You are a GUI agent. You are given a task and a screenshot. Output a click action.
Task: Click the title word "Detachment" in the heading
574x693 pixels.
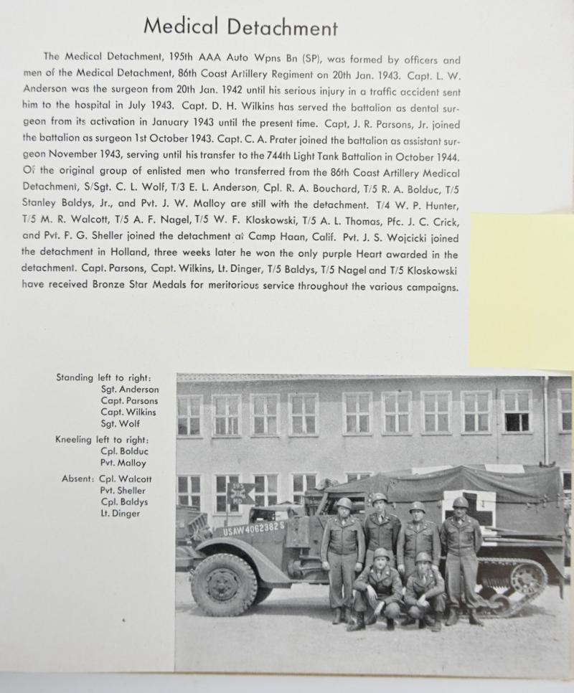tap(283, 27)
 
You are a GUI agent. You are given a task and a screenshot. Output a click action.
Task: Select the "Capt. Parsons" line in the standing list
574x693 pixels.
tap(129, 401)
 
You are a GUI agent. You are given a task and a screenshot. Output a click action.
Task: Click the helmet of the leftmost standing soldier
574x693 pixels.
tap(344, 503)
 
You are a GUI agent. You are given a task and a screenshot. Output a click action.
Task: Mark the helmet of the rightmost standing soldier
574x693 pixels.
tap(460, 502)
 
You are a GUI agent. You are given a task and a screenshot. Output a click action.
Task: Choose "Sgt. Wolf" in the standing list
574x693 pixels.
tap(119, 424)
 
